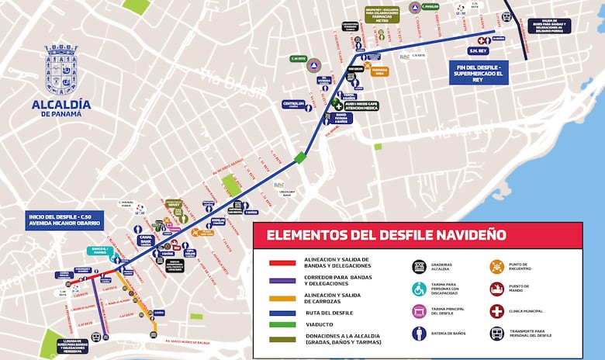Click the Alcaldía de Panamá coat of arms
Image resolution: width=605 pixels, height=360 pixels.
(61, 71)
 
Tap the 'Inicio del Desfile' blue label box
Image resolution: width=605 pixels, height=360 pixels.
(64, 220)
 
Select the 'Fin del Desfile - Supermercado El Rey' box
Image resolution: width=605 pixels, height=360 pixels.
(479, 72)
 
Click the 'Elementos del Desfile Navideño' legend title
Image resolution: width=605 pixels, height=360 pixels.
(386, 234)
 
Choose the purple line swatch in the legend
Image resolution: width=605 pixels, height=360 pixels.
(282, 281)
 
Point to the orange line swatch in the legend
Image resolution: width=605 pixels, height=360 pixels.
(282, 299)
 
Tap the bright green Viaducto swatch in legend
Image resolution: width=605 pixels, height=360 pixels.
(282, 325)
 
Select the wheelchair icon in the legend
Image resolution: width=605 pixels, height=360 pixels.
(420, 289)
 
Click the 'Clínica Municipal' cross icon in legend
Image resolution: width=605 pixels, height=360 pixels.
(496, 311)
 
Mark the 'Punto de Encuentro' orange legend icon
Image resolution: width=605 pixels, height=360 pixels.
(496, 266)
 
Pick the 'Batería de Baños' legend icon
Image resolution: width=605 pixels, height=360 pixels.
(420, 334)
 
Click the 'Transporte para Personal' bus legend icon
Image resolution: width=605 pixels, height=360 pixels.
(496, 334)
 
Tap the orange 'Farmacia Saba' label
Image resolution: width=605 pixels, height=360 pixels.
(379, 71)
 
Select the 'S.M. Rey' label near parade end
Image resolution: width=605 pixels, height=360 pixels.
(478, 51)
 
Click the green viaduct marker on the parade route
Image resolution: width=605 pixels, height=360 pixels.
(300, 157)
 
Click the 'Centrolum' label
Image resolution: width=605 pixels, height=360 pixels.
(293, 104)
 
